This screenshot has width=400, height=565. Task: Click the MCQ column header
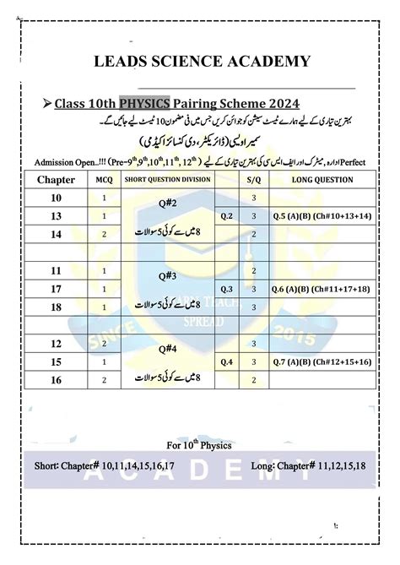click(104, 179)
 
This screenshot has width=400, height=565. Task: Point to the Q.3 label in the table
click(226, 290)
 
